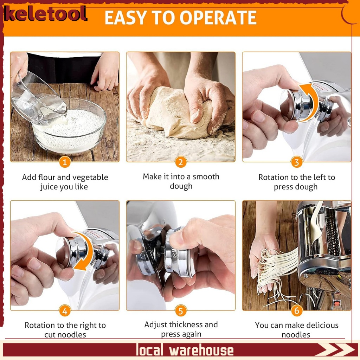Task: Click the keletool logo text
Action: coord(45,14)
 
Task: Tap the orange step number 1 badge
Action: coord(65,162)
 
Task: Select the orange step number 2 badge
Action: coord(181,162)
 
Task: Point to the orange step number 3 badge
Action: coord(297,162)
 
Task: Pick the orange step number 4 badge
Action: coord(65,311)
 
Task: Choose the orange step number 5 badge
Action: coord(181,311)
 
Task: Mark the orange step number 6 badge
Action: coord(297,311)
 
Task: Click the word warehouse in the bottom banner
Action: coord(201,351)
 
